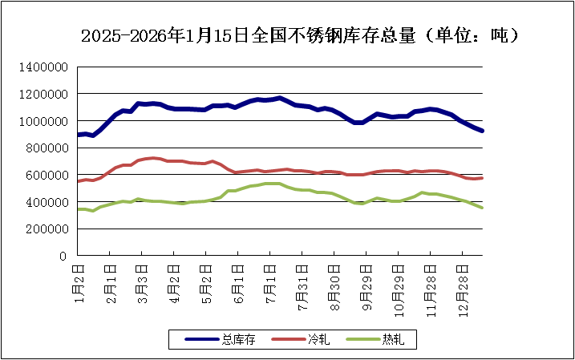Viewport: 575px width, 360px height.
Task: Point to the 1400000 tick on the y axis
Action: point(47,67)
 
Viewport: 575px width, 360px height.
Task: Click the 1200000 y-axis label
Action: point(47,94)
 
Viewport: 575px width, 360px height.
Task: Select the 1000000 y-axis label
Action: point(47,121)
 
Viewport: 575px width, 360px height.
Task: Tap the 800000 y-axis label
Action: point(51,148)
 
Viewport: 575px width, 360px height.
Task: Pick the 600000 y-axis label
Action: point(51,175)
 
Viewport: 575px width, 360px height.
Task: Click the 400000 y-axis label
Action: point(51,202)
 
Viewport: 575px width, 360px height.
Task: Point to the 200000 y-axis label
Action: point(51,229)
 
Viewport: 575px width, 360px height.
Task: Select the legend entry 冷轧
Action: point(318,340)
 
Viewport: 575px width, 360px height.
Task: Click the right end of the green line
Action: point(482,208)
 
